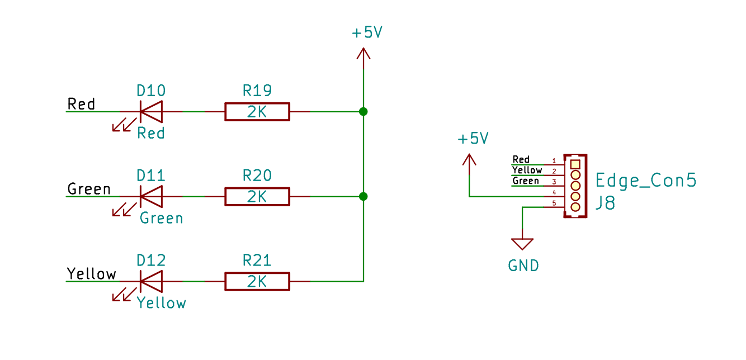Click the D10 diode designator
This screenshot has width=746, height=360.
click(x=151, y=91)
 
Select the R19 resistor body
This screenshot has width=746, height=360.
click(x=257, y=112)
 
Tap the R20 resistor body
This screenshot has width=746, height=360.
click(x=257, y=196)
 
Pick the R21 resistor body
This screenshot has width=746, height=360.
click(x=257, y=281)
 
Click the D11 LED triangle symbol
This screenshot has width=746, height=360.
click(x=152, y=196)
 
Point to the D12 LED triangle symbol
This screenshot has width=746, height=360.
click(x=152, y=281)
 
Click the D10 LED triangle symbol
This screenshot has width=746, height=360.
click(x=152, y=112)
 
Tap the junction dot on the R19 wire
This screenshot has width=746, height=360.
click(x=363, y=112)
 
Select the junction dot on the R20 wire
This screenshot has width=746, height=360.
click(x=363, y=196)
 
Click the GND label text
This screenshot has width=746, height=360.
click(x=523, y=266)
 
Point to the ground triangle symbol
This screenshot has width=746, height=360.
click(x=522, y=244)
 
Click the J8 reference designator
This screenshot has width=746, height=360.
click(x=605, y=203)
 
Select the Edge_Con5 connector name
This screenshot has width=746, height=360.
click(x=646, y=180)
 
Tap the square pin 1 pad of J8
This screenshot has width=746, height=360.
click(x=575, y=164)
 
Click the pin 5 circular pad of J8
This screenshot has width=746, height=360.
click(x=575, y=207)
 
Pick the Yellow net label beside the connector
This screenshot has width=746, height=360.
click(x=527, y=170)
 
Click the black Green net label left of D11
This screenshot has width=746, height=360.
click(x=89, y=189)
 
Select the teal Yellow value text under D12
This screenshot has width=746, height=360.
click(x=162, y=303)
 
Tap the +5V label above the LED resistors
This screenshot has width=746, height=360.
click(x=367, y=32)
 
